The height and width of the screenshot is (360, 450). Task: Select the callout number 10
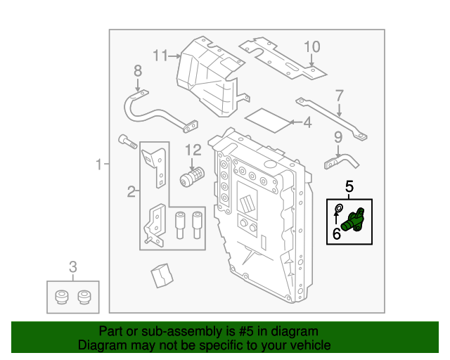311,47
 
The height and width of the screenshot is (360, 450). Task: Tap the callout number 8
138,70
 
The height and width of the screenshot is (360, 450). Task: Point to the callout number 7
339,95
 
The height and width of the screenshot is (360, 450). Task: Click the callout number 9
337,137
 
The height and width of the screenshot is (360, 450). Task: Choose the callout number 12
193,150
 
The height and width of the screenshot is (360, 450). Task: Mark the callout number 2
131,191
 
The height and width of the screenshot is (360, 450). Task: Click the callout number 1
98,165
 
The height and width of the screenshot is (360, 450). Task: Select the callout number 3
72,266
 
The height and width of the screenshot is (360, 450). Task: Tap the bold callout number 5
349,187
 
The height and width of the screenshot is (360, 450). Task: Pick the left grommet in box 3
61,297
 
